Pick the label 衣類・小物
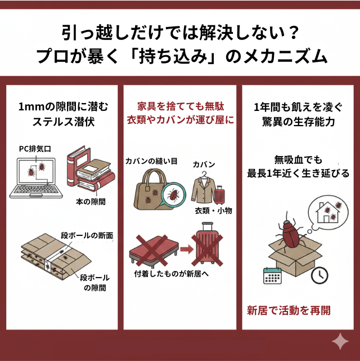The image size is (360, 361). [x=213, y=211]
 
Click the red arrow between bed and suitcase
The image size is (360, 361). [x=183, y=248]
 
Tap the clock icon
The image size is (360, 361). [x=318, y=274]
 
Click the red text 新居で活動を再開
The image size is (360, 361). [x=289, y=310]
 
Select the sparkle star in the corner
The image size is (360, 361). [x=340, y=341]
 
